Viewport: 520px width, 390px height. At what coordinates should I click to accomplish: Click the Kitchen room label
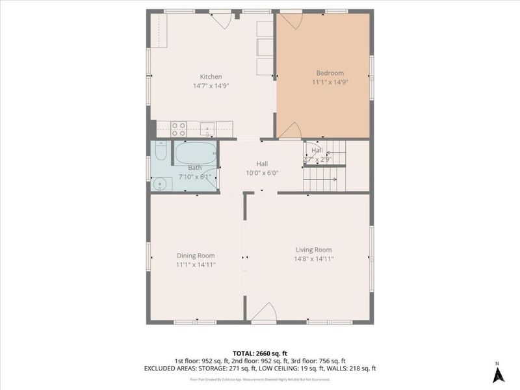(x=211, y=77)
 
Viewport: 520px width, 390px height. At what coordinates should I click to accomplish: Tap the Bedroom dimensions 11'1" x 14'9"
(x=330, y=83)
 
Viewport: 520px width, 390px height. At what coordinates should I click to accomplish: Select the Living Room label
(x=313, y=250)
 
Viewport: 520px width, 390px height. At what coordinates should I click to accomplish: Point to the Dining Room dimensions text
(x=196, y=265)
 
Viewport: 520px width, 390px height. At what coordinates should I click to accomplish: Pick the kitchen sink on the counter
(x=207, y=127)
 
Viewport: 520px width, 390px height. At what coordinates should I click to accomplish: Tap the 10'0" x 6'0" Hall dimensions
(x=261, y=173)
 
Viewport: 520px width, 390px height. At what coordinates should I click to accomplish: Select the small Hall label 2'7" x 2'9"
(x=317, y=159)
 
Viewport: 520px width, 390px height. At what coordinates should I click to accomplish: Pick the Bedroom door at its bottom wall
(x=290, y=131)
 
